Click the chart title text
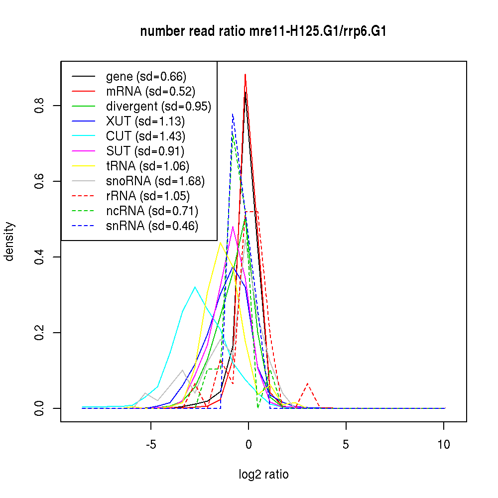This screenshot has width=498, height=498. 263,32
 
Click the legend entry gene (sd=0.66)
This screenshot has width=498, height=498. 146,77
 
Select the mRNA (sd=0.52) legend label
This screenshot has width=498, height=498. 150,92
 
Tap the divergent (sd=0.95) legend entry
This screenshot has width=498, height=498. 158,107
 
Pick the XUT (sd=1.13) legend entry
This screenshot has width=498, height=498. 145,122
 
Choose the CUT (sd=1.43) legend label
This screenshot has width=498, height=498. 145,136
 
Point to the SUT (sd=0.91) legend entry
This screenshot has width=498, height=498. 145,151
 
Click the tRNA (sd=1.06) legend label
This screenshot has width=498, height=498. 147,166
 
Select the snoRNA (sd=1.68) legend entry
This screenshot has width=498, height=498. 155,181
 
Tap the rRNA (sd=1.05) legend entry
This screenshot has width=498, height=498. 148,196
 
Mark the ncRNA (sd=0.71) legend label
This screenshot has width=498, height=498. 152,211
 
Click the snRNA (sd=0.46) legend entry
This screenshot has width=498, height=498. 152,226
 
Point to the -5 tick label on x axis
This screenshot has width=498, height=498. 151,445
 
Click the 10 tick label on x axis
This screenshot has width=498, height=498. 443,445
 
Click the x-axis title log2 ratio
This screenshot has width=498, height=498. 263,475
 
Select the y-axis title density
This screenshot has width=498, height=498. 9,242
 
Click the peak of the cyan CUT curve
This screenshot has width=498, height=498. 195,287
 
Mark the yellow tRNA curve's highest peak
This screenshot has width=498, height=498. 220,243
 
